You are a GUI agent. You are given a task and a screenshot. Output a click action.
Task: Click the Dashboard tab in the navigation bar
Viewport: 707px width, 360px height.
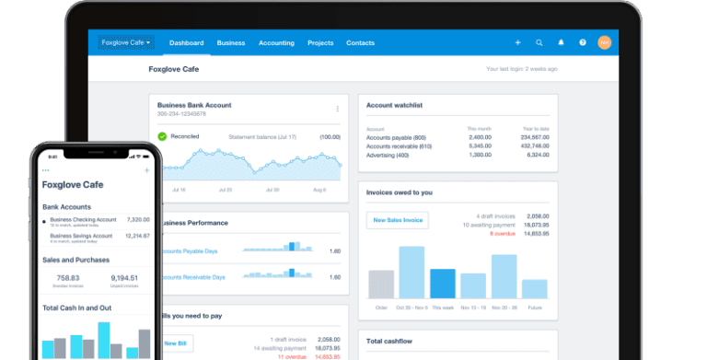tap(187, 42)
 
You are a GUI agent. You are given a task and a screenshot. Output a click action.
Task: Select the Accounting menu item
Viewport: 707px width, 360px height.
tap(276, 42)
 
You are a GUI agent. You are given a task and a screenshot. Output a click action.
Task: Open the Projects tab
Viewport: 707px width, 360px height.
tap(320, 42)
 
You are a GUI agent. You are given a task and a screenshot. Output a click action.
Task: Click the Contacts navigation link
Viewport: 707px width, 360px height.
tap(360, 42)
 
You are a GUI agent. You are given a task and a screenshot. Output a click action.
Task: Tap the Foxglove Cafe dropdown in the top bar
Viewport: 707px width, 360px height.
tap(126, 42)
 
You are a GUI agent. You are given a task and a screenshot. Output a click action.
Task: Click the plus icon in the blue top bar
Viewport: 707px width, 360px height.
tap(517, 42)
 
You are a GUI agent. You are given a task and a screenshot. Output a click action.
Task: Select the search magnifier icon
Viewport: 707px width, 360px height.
tap(539, 42)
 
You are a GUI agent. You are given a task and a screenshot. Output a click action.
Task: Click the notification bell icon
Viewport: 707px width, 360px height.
tap(562, 42)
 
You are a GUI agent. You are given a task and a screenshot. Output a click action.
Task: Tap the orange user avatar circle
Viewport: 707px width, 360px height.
tap(605, 42)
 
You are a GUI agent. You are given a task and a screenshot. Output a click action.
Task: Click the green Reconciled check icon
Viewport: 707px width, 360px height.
tap(162, 136)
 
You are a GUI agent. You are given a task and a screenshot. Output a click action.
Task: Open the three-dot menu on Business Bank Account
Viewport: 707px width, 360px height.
tap(337, 109)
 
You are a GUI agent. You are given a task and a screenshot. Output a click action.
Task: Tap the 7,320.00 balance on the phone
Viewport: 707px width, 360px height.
tap(138, 220)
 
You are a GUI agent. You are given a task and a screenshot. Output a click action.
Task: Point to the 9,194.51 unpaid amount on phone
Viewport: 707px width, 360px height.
tap(124, 277)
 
